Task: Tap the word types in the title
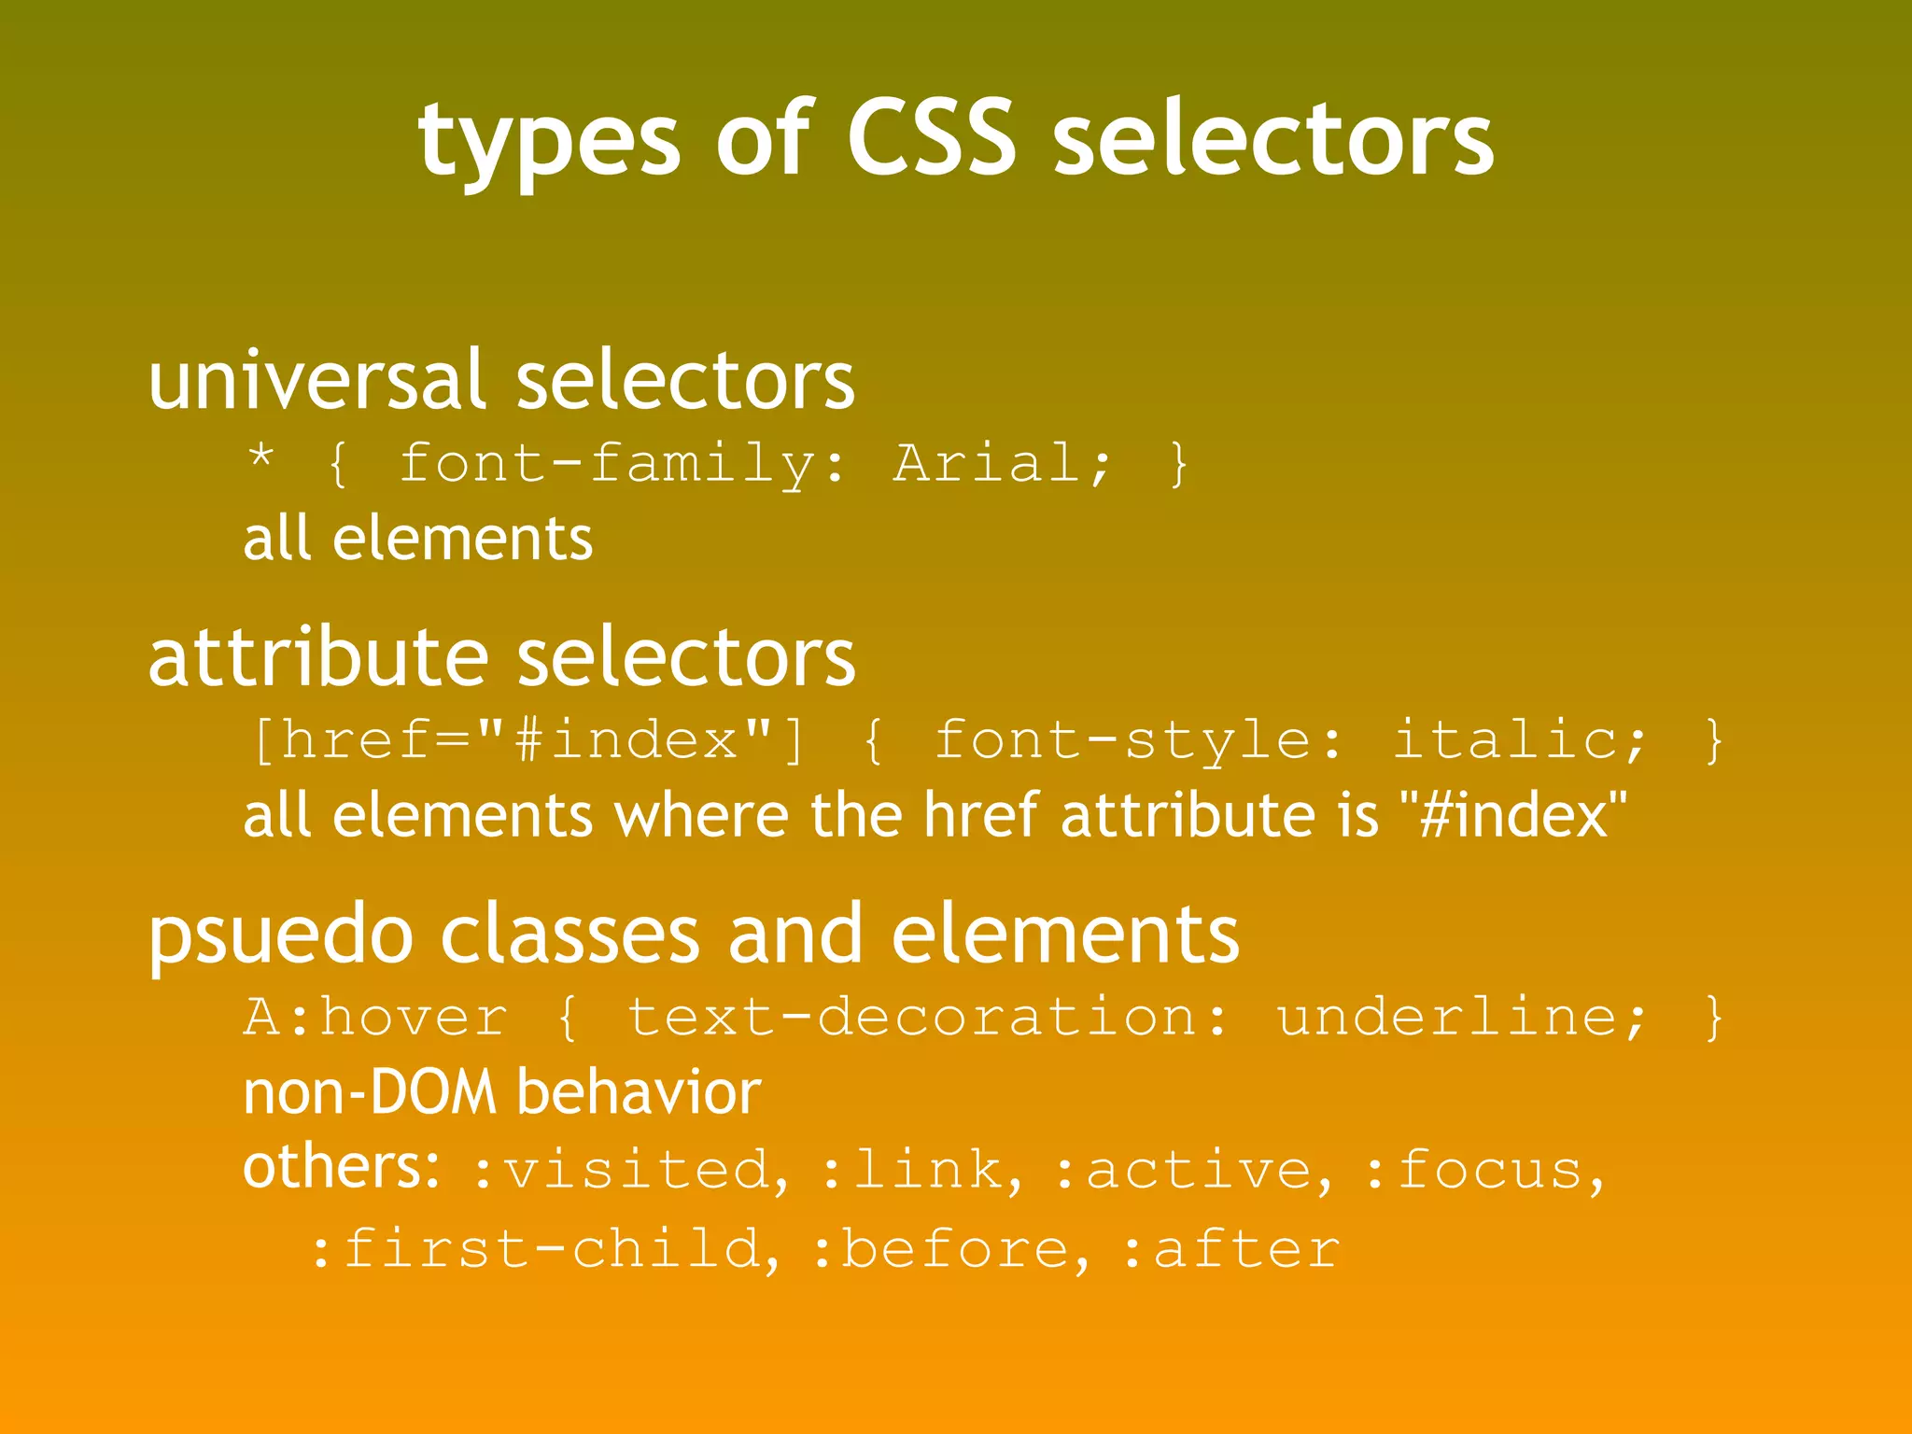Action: click(549, 142)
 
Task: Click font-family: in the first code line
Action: click(623, 465)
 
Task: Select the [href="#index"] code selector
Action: click(527, 740)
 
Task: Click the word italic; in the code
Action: click(1520, 740)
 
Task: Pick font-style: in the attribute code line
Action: click(1139, 741)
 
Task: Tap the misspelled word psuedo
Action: click(281, 935)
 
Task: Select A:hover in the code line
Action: click(375, 1017)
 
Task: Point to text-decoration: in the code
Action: click(929, 1017)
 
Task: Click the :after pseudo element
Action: click(1230, 1250)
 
